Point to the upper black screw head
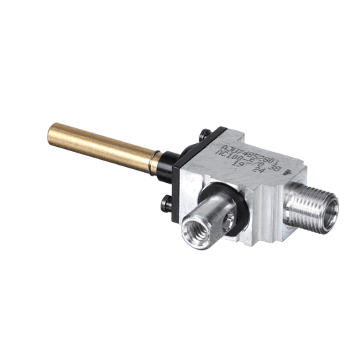pyautogui.click(x=205, y=133)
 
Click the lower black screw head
pyautogui.click(x=168, y=205)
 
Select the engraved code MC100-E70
pyautogui.click(x=240, y=159)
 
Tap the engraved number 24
pyautogui.click(x=258, y=173)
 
